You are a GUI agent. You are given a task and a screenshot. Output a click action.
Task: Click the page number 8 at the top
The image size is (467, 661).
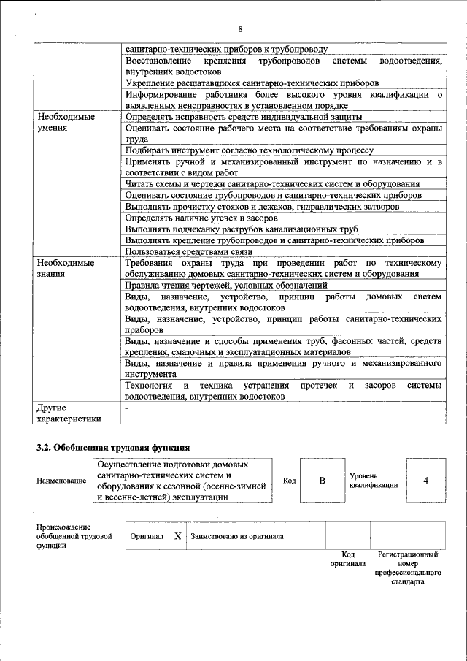(239, 28)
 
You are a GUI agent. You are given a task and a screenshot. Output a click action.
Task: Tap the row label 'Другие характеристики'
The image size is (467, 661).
(67, 413)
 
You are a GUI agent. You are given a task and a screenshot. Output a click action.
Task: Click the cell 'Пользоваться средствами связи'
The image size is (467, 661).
(193, 251)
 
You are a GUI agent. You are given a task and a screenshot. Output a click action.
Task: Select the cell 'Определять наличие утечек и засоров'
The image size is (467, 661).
(201, 218)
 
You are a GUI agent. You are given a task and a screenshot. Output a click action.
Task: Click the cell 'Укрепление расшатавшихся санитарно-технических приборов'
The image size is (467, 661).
(252, 84)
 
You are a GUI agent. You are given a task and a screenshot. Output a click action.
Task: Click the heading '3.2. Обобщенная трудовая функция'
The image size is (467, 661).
(113, 447)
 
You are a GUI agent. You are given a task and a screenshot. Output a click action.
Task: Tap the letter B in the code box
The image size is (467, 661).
(321, 481)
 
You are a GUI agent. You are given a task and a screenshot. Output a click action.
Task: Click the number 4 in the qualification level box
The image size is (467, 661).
(425, 481)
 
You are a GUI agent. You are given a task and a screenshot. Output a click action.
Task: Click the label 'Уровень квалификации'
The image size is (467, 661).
(373, 481)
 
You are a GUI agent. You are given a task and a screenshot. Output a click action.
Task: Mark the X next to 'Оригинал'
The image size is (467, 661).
(177, 536)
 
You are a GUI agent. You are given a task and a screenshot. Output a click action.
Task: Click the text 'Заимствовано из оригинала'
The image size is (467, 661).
(237, 536)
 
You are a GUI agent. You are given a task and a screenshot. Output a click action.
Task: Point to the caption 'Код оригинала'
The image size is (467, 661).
(348, 559)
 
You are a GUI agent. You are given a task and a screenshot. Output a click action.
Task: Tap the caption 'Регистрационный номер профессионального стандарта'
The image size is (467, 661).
(407, 568)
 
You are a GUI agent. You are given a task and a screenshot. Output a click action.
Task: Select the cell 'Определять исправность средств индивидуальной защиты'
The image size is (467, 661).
(243, 117)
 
